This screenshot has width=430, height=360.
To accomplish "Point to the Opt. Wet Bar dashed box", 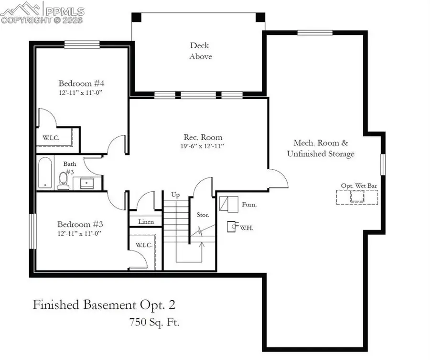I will tap(357, 197).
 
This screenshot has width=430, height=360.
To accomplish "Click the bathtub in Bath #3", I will tap(45, 173).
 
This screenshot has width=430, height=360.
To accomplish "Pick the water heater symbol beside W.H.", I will tap(231, 226).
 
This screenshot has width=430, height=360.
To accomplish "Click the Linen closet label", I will tap(146, 222).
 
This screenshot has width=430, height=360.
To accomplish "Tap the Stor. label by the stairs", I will tap(203, 215).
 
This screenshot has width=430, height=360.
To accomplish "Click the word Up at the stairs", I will tap(175, 195).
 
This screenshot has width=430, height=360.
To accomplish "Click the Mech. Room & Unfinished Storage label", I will tap(321, 148).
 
